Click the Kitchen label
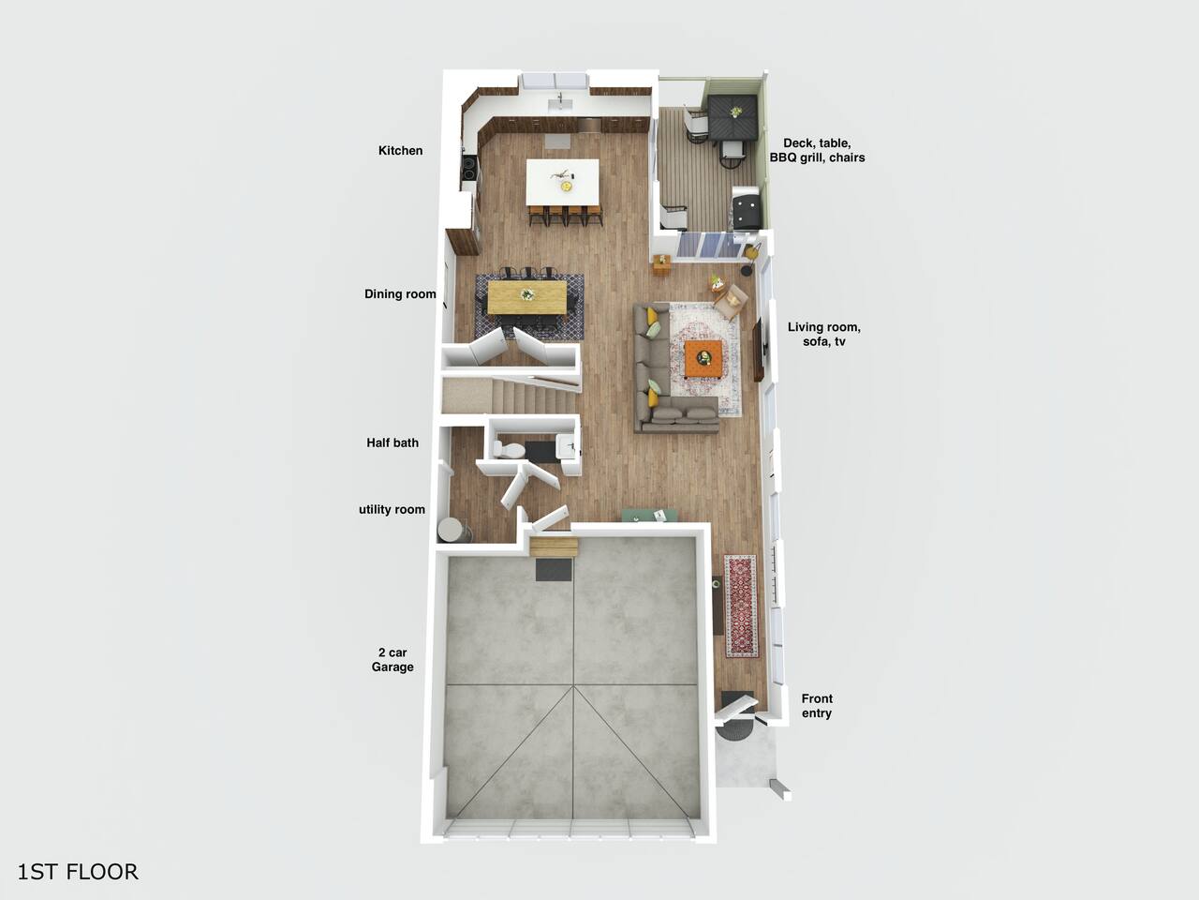click(x=400, y=150)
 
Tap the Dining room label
click(x=400, y=294)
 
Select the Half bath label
click(x=392, y=442)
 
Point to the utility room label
click(x=392, y=509)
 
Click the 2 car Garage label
click(x=392, y=660)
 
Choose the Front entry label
click(x=817, y=705)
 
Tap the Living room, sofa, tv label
click(x=823, y=335)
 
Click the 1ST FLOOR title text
click(x=78, y=872)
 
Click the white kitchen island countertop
click(x=563, y=182)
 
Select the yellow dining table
click(x=526, y=297)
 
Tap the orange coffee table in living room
click(x=704, y=358)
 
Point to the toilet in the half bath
click(x=508, y=450)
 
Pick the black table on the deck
click(x=733, y=116)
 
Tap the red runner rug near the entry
click(x=741, y=606)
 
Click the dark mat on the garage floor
click(x=554, y=569)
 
